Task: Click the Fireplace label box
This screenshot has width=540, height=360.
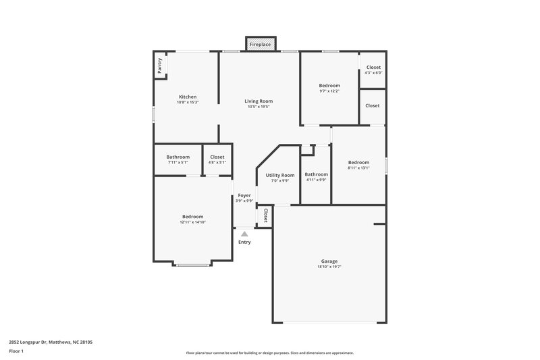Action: (x=260, y=45)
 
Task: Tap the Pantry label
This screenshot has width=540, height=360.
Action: (x=160, y=66)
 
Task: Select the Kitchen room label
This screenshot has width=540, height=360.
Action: (x=188, y=97)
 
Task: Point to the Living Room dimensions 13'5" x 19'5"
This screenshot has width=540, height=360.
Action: (x=259, y=107)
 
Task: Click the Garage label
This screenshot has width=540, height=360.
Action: (x=329, y=261)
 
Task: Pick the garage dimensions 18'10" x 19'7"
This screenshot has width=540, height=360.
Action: (x=329, y=267)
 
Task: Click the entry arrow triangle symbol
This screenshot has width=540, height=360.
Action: (x=244, y=233)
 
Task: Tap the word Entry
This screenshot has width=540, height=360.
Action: (x=244, y=242)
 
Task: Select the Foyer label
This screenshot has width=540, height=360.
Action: (x=244, y=195)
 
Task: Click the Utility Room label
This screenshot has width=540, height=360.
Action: (x=279, y=175)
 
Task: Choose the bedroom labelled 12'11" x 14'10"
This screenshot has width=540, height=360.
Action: (x=192, y=217)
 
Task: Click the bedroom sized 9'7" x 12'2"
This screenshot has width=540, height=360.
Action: (x=329, y=86)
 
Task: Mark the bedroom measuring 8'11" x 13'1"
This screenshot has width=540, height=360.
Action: (x=358, y=162)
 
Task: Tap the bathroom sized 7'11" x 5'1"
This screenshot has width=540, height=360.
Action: (x=178, y=157)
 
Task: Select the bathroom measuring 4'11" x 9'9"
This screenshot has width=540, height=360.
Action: (x=316, y=174)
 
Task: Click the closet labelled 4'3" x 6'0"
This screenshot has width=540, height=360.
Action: (x=373, y=68)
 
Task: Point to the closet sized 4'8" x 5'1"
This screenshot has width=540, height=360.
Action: (x=217, y=157)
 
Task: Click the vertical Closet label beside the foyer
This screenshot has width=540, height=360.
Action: (x=265, y=215)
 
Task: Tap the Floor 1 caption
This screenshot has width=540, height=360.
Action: (x=17, y=352)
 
